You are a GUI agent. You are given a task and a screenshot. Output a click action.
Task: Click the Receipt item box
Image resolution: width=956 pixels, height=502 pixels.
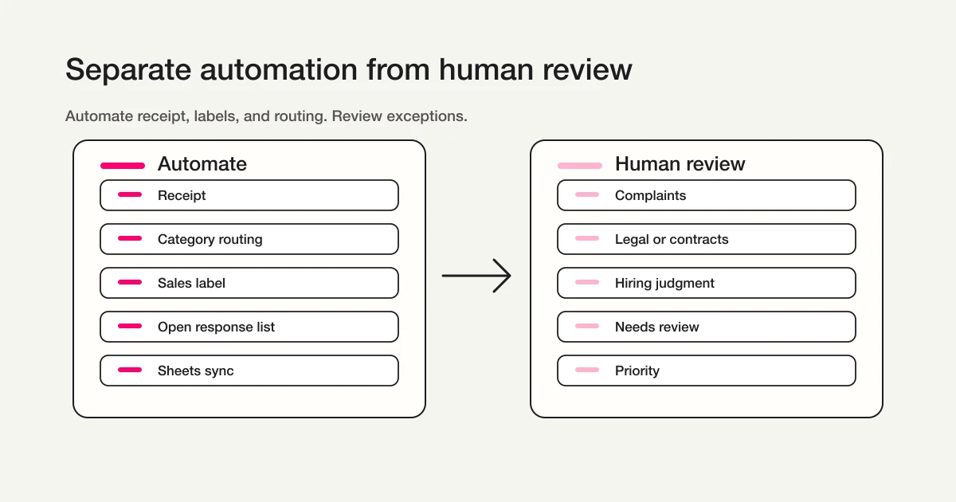[249, 195]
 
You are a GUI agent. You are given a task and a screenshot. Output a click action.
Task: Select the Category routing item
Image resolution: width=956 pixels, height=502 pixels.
[249, 239]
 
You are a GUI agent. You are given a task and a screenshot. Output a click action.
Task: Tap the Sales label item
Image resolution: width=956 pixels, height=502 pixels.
[249, 283]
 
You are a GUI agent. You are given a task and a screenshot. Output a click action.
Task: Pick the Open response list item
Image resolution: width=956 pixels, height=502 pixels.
[249, 327]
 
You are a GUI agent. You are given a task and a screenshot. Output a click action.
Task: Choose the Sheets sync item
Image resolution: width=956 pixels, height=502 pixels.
[249, 371]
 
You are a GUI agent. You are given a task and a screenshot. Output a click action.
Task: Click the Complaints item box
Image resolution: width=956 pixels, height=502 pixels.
[706, 195]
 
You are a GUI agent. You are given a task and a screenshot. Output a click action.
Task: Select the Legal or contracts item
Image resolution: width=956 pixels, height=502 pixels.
[706, 239]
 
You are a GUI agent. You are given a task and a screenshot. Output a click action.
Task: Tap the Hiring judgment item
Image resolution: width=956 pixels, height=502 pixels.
[706, 283]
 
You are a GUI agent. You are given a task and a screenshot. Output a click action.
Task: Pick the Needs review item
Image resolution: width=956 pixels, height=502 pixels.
[706, 327]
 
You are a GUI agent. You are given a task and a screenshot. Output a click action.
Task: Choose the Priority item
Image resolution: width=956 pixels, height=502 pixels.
[706, 371]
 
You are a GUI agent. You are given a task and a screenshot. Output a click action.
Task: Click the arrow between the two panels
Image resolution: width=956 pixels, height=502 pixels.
[476, 276]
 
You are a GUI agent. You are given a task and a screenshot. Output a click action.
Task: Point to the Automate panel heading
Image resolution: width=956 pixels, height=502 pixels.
[202, 164]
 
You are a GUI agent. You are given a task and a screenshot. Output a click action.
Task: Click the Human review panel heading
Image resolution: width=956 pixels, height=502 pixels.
[680, 164]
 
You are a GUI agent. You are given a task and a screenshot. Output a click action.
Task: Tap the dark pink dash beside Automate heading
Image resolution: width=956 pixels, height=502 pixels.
[123, 166]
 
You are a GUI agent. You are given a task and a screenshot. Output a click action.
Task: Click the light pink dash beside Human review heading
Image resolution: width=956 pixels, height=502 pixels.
[579, 166]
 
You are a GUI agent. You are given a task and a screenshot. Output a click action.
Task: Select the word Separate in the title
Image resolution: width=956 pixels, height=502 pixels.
[127, 70]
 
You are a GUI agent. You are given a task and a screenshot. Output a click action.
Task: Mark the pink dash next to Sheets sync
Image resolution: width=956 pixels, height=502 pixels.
[129, 371]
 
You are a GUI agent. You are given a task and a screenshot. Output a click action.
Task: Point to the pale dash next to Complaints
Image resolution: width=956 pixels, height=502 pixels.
[587, 195]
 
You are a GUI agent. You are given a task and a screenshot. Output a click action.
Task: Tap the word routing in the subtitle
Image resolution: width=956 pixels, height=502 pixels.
[300, 116]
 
